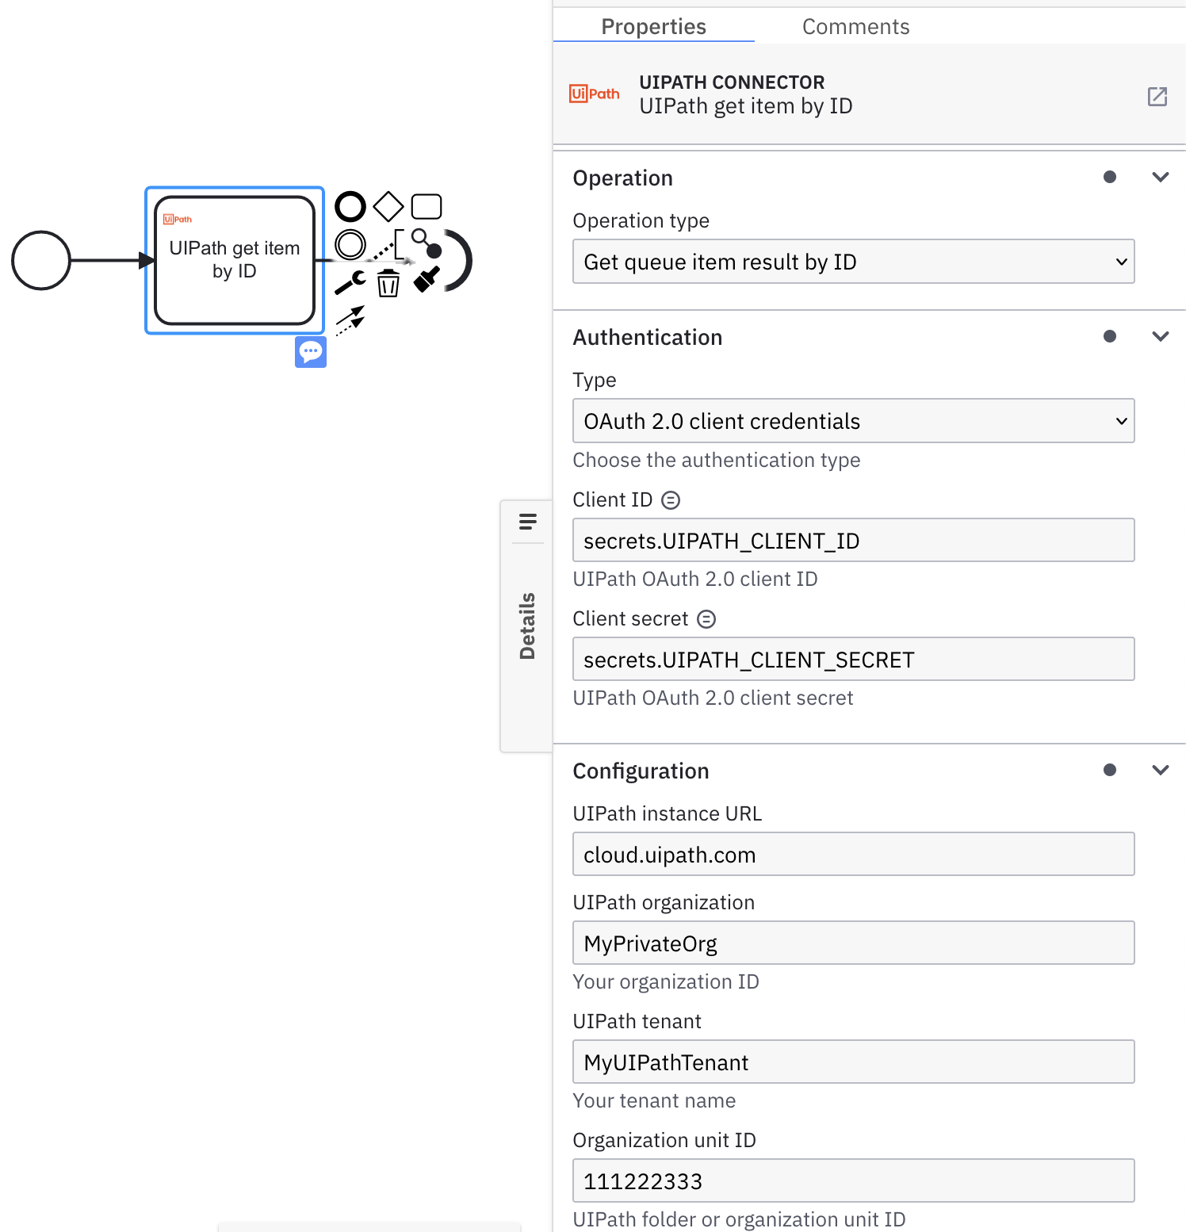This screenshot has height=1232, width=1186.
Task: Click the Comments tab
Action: point(855,27)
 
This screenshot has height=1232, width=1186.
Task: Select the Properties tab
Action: point(653,27)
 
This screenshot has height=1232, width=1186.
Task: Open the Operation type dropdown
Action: point(853,262)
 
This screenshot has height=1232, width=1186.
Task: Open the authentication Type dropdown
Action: point(853,421)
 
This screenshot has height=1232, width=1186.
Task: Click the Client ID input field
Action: point(853,541)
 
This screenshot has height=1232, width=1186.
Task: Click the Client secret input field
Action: point(853,660)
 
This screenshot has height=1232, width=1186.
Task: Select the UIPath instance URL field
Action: point(853,855)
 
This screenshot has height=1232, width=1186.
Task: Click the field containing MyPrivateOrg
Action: point(853,943)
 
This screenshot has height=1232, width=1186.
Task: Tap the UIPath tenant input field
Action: point(853,1062)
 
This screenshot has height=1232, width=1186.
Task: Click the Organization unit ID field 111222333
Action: point(853,1181)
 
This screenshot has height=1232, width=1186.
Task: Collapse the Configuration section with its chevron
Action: point(1160,771)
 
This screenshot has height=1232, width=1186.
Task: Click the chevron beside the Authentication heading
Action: point(1160,337)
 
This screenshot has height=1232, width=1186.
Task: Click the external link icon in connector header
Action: point(1157,97)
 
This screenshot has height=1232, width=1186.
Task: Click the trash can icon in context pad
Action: point(388,283)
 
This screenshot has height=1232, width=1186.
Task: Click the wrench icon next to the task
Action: point(350,282)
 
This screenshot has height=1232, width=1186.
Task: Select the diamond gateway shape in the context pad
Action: point(388,207)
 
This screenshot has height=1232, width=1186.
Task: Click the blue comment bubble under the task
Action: point(311,351)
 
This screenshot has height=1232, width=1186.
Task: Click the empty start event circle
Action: point(41,260)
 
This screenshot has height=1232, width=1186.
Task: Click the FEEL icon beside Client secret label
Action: point(706,619)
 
